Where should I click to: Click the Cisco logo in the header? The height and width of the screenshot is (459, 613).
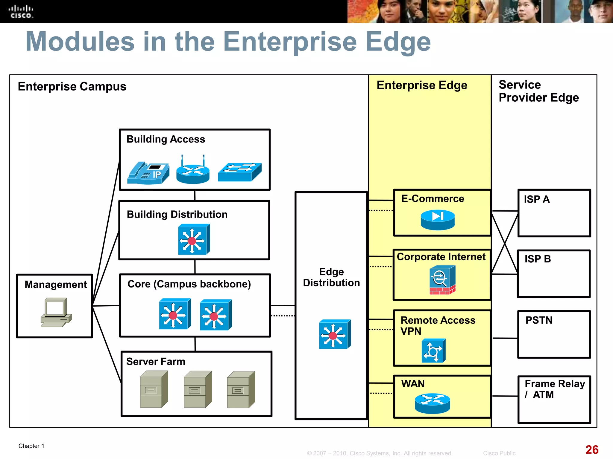pos(21,12)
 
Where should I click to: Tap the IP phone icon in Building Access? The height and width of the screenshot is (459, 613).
pos(148,173)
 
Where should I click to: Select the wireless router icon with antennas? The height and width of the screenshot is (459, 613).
pos(193,172)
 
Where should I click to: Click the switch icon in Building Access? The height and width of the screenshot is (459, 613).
pos(239,172)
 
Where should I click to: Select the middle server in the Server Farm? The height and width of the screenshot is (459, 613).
pos(198,389)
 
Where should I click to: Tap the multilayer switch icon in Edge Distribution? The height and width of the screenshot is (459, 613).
pos(334,334)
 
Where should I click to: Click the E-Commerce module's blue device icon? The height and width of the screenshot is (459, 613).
pos(438,220)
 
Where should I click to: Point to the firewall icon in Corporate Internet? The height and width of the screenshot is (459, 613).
pos(442,280)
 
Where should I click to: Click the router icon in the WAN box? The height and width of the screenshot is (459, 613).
pos(432,403)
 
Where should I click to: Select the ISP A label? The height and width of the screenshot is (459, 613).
pos(537,199)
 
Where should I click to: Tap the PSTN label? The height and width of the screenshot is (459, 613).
pos(539,320)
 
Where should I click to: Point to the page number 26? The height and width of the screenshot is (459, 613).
pos(592,449)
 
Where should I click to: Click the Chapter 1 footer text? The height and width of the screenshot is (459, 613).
pos(31,446)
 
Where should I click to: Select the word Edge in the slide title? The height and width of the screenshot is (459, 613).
pos(398,42)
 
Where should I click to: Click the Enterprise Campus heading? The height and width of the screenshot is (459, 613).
pos(72,87)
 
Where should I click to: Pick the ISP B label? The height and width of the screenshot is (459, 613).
pos(538,259)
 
